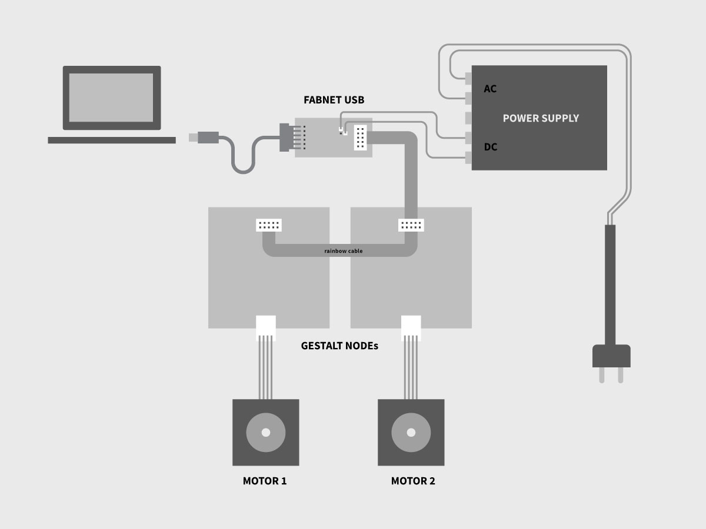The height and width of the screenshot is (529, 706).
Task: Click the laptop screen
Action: pos(112,98)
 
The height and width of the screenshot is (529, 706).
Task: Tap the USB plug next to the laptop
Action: pos(203,138)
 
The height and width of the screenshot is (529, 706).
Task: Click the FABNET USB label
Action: pos(334,100)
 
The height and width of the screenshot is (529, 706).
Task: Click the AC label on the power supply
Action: pos(490,89)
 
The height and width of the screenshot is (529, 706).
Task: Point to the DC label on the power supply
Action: pos(490,147)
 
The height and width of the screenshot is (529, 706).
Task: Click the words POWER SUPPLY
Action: pos(541,118)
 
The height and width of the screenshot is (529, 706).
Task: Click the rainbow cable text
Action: pos(344,251)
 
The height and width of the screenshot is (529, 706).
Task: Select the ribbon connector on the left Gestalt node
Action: pos(269,225)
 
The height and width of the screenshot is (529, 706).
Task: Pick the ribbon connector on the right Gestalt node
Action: pos(411,225)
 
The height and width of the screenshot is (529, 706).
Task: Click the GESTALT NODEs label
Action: pos(339,346)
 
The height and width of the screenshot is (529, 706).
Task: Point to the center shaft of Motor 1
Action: pos(265,433)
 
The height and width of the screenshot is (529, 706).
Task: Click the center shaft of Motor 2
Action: pos(411,433)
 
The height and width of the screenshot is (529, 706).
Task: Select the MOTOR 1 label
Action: pos(265,481)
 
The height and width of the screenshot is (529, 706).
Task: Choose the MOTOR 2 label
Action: pos(413,481)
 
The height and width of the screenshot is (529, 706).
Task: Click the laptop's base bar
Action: pos(112,140)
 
